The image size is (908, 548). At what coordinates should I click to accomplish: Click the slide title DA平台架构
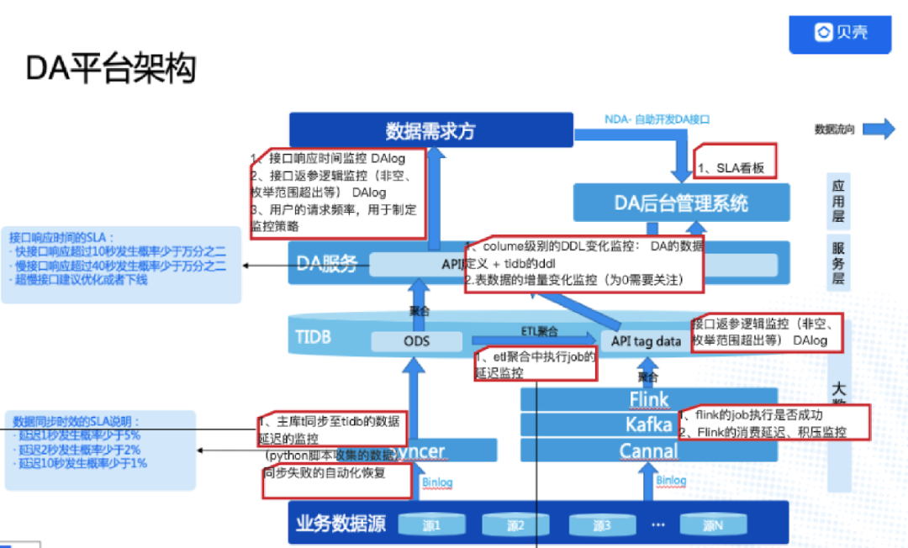pos(111,69)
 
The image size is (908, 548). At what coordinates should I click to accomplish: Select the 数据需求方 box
pos(430,130)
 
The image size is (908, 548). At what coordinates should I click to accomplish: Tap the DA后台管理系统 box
pos(681,203)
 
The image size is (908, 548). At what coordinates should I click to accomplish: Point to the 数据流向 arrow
pos(879,129)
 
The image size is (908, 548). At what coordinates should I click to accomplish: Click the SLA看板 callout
pos(732,167)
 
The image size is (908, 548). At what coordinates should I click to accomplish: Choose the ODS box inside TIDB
pos(417,340)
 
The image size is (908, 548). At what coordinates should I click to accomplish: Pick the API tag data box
pos(646,340)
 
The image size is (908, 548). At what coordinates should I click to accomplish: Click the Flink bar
pos(649,399)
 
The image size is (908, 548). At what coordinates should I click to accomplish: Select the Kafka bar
pos(649,424)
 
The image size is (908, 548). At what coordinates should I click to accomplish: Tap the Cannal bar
pos(649,451)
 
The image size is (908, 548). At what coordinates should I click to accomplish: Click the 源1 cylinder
pos(430,525)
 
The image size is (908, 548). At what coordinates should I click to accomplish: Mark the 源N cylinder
pos(712,525)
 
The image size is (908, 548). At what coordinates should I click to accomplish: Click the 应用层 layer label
pos(838,202)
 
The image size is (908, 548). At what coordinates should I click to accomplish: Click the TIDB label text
pos(313,337)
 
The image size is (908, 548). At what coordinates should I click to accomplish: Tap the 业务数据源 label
pos(340,524)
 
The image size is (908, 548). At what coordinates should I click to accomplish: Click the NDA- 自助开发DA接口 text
pos(657,119)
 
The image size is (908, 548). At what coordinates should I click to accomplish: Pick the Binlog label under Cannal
pos(671,480)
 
